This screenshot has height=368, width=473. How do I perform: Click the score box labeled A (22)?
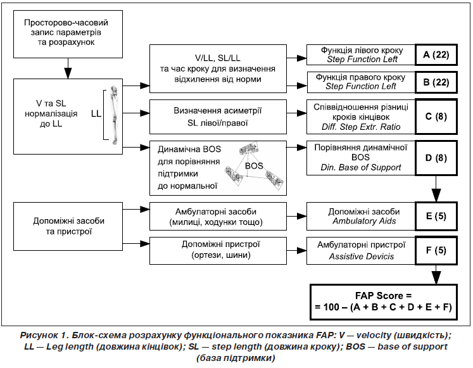[x=436, y=55]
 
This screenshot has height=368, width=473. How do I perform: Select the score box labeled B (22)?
[x=436, y=82]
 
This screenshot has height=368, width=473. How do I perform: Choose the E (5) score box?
[x=436, y=216]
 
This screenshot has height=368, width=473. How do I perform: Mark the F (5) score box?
[x=436, y=250]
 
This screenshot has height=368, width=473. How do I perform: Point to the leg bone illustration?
[x=115, y=114]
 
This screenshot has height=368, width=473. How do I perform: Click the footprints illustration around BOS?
[x=257, y=167]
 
